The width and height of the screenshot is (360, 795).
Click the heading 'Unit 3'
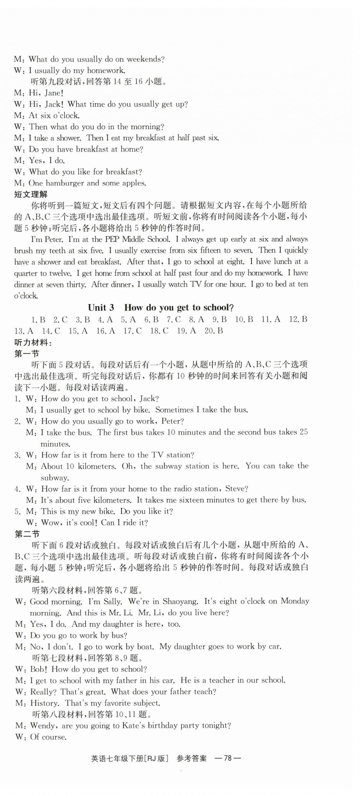click(x=101, y=307)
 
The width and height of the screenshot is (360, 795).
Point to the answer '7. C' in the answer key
click(x=174, y=319)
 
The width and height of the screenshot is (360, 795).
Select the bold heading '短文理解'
click(x=31, y=194)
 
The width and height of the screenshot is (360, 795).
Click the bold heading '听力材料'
click(x=32, y=342)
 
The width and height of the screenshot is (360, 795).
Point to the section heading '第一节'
click(x=27, y=354)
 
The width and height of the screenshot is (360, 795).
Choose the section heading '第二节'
click(x=27, y=534)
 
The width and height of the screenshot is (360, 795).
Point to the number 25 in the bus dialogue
click(x=304, y=432)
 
